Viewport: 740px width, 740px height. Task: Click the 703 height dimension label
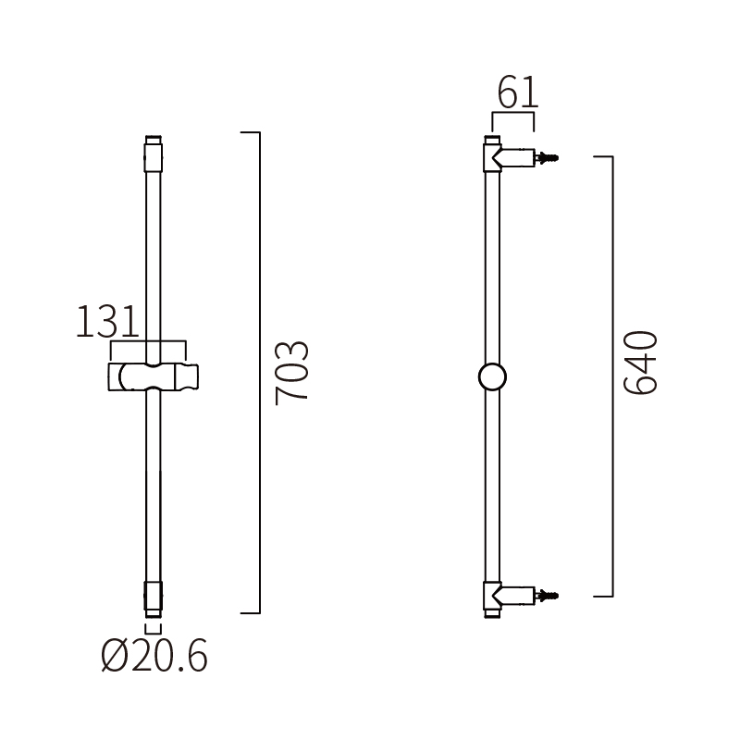[x=291, y=372]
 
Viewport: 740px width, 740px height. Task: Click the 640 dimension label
[x=640, y=363]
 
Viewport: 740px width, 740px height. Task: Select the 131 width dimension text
[x=106, y=323]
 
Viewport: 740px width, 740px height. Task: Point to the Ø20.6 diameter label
[x=154, y=657]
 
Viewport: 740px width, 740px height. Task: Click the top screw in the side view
[x=551, y=158]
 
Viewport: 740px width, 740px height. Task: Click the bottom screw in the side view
[x=551, y=595]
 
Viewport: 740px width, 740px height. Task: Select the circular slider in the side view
[x=492, y=376]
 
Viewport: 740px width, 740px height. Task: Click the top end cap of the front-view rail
[x=154, y=153]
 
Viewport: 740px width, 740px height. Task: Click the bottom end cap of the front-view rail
[x=154, y=598]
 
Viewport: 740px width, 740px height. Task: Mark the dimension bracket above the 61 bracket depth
[x=513, y=115]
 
